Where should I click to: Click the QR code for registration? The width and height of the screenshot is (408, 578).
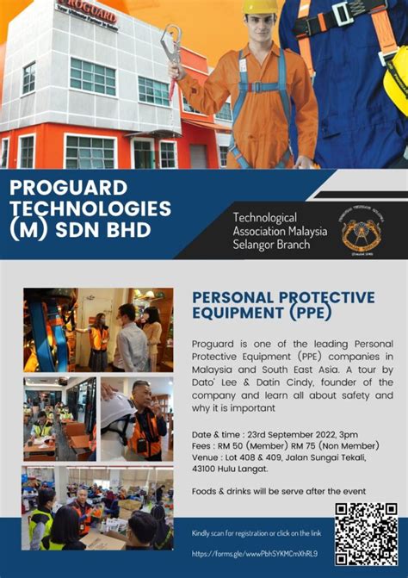(366, 533)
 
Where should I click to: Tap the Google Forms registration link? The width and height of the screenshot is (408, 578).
(254, 553)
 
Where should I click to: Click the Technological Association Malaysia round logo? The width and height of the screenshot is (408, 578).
(363, 232)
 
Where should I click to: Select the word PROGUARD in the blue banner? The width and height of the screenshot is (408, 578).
(68, 187)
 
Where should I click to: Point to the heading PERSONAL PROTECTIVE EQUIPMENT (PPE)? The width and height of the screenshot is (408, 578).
(283, 304)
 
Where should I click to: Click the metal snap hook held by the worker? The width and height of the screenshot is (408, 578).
(171, 47)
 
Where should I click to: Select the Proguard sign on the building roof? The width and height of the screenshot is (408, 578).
(86, 14)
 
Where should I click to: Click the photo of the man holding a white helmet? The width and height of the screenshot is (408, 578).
(135, 418)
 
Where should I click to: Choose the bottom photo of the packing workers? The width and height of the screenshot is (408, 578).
(97, 508)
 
